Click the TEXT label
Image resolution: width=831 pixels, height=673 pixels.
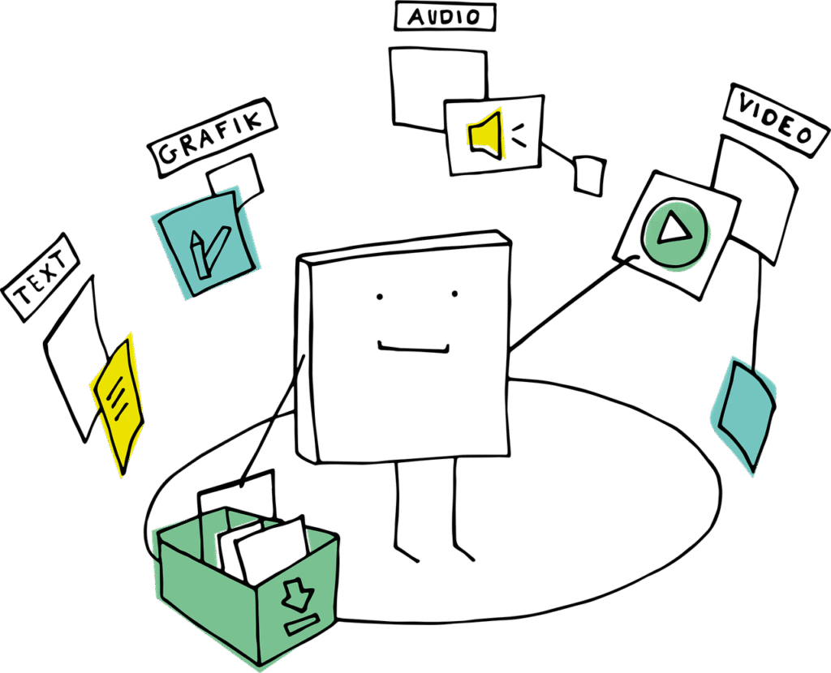point(41,277)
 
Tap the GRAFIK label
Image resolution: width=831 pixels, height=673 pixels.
point(212,138)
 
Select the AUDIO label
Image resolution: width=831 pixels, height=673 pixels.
point(445,16)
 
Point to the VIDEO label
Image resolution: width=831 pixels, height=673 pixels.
point(776,120)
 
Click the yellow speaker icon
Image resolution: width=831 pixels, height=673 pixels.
point(484,135)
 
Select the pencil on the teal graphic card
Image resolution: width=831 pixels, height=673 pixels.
point(197,255)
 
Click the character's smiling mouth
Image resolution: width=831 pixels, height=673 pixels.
point(413,348)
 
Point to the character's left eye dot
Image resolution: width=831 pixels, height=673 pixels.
point(380,297)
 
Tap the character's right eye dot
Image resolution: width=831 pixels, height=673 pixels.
point(454,294)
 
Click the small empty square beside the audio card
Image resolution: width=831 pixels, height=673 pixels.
point(589,176)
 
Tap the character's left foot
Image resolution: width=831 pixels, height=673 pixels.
point(407,554)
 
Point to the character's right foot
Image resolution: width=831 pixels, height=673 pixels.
point(463,552)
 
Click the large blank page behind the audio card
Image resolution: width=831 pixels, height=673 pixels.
point(437,88)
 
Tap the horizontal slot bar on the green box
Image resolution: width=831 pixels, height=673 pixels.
point(302,624)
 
